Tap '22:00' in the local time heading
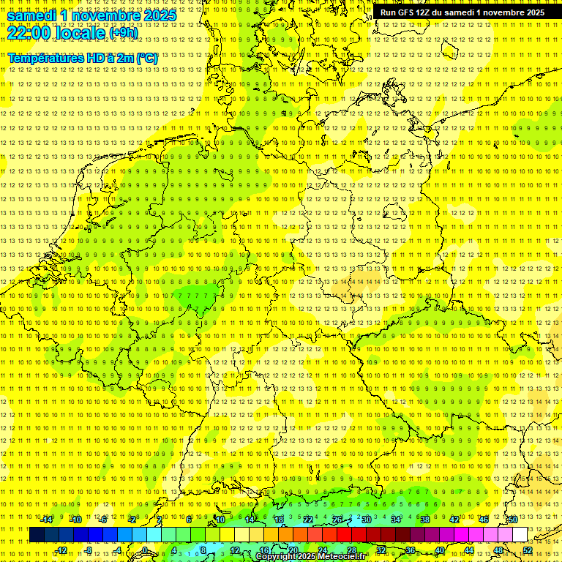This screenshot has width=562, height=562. pos(29,33)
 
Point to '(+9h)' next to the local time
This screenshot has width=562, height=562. pos(122,33)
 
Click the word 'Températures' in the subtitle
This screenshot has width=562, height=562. pos(45,58)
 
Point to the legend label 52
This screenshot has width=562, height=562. pos(528,550)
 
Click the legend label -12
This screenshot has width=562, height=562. pos(61,550)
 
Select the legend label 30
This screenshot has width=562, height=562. pos(367,520)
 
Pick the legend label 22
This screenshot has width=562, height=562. pos(308,520)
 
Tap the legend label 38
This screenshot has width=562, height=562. pos(425,520)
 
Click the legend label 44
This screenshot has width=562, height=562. pos(469,550)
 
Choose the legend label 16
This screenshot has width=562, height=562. pos(264,550)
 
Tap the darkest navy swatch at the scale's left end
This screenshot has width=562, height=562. pos(37,535)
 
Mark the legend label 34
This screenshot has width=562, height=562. pos(396,520)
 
